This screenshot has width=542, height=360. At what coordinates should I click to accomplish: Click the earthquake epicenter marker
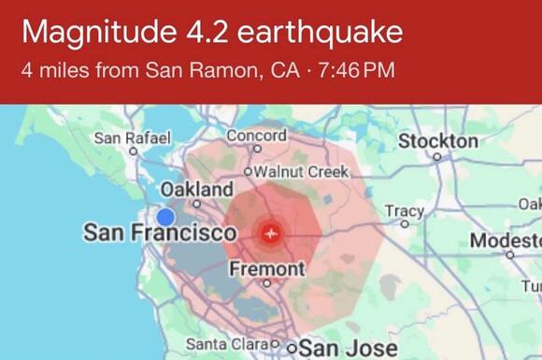coord(272,230)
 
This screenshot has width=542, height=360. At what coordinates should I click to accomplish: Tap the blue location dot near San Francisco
coord(165,217)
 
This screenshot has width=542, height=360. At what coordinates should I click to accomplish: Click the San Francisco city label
coord(160,232)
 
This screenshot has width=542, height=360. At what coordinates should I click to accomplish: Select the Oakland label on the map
coord(197,190)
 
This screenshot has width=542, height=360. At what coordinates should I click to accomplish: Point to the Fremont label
coord(266,269)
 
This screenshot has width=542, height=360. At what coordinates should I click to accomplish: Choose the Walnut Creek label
coord(300,172)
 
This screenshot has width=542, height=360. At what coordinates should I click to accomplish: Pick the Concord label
coord(256,137)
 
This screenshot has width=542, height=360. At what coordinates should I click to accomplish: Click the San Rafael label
coord(134,138)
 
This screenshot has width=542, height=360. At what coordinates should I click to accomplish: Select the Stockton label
coord(437,140)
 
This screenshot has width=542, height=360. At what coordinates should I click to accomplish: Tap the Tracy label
coord(404,210)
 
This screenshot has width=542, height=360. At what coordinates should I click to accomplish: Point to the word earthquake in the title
coord(320,33)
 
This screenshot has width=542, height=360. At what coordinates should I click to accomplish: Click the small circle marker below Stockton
coord(437,156)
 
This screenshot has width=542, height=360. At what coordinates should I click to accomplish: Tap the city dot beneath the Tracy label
coord(404,223)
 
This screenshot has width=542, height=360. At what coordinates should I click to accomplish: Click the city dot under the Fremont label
coord(266,282)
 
